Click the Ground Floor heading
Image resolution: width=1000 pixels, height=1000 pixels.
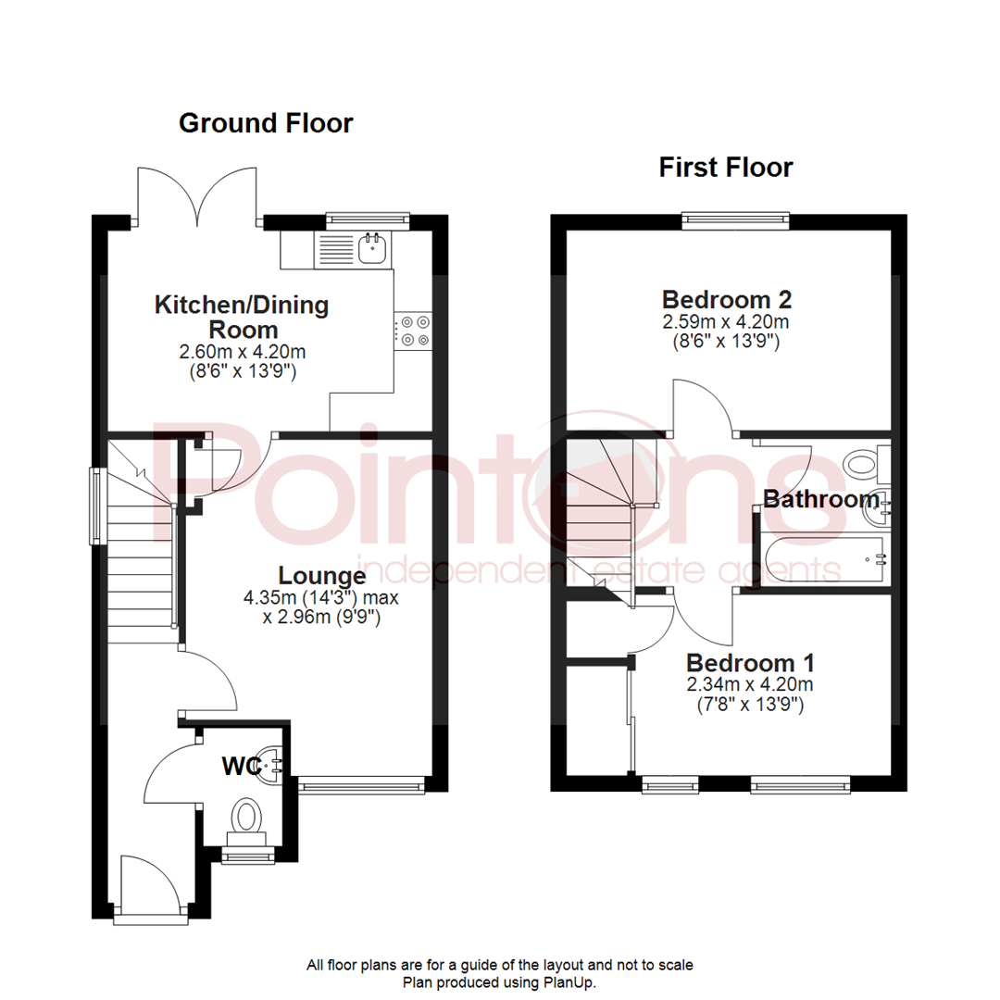(x=266, y=123)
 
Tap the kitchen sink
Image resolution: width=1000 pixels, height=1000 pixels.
(x=373, y=247)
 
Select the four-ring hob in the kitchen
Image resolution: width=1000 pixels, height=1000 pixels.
(x=414, y=331)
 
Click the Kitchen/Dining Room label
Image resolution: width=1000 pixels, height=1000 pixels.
(x=242, y=317)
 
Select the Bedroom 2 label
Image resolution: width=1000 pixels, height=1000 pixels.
(x=726, y=300)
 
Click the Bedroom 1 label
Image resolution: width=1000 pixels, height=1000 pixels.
(x=750, y=663)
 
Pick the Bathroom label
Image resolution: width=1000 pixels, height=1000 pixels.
(x=820, y=500)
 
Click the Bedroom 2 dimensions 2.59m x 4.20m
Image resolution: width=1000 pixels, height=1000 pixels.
(x=726, y=322)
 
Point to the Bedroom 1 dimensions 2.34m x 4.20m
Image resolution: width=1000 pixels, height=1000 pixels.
(x=750, y=685)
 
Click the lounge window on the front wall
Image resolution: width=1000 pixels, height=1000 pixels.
(x=362, y=787)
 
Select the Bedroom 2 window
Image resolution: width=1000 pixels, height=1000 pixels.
(x=736, y=220)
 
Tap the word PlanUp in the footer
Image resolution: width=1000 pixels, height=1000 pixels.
(x=574, y=982)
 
